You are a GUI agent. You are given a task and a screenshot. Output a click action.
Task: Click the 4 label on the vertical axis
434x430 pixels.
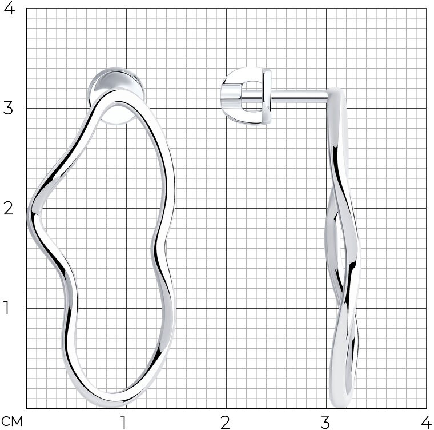pos(9,9)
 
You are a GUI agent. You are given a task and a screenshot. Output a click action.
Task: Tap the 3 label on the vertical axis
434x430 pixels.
pos(8,109)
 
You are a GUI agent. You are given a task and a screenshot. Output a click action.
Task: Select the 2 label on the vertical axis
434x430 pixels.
pos(8,209)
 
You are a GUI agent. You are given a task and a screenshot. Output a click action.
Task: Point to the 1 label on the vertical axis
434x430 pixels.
pos(7,308)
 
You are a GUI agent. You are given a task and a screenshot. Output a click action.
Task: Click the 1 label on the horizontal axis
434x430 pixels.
pos(123,423)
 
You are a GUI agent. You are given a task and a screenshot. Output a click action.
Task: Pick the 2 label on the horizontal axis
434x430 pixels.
pos(226,423)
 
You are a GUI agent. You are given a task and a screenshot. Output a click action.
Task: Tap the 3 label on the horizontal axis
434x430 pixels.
pos(325,423)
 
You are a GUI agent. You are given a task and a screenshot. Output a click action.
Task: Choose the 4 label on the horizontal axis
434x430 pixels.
pos(426,423)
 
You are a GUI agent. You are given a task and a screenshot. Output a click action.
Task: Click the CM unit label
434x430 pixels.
pos(12,421)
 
